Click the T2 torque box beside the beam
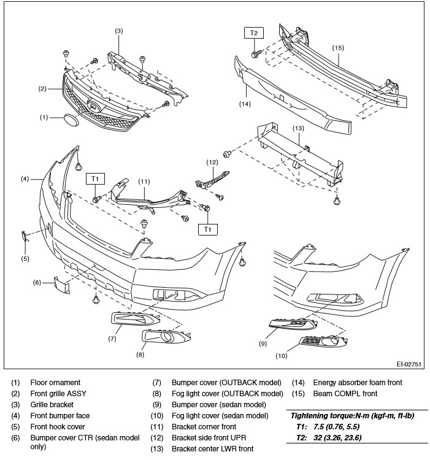click(254, 33)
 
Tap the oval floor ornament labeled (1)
click(71, 120)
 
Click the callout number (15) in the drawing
click(338, 48)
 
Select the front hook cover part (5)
click(25, 236)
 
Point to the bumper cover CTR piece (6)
click(62, 284)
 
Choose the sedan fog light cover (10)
click(323, 341)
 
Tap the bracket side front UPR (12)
click(212, 179)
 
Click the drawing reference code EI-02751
click(409, 364)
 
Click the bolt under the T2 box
click(255, 54)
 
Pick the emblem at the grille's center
click(94, 105)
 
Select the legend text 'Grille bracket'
click(52, 405)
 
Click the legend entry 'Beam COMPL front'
click(345, 393)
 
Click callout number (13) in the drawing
click(298, 128)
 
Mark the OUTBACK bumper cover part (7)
click(136, 319)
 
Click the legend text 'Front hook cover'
click(58, 426)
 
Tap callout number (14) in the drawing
click(245, 104)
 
